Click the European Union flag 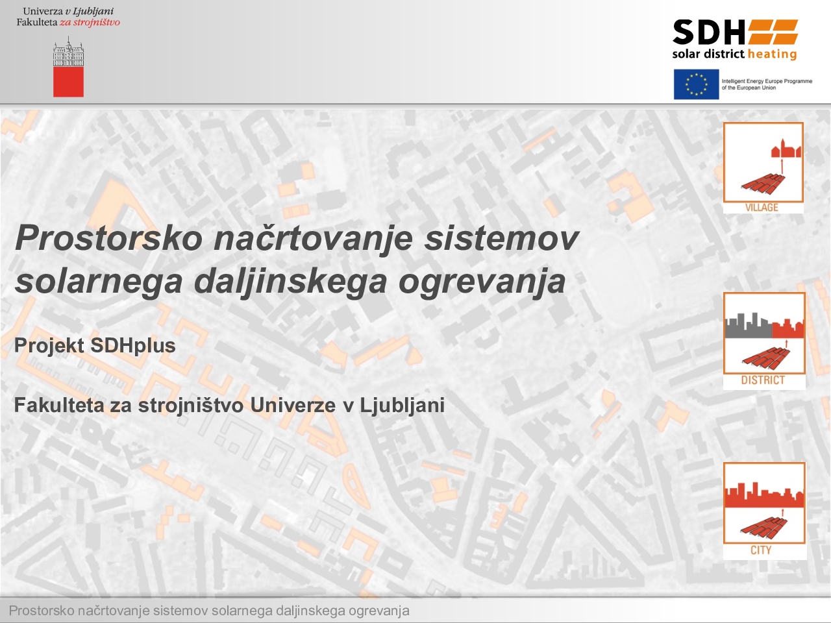696,84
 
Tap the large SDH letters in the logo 709,32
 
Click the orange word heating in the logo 773,55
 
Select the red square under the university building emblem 69,82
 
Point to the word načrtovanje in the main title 313,239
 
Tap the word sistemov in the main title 501,238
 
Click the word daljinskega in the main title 291,282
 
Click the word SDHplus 133,346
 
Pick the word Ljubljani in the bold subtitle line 402,406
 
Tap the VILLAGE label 762,208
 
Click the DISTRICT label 763,380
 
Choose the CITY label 761,550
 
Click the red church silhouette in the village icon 786,149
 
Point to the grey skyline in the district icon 749,325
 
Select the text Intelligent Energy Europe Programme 767,81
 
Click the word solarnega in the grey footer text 242,611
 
